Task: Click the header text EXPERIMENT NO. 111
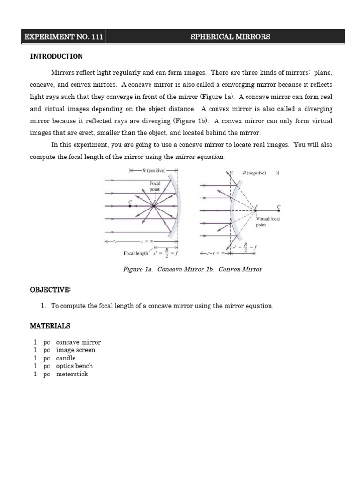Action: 63,37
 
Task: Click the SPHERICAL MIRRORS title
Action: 230,37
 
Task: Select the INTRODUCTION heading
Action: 56,56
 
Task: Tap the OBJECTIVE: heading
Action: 50,290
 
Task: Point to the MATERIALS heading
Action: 50,325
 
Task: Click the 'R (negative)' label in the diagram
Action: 255,172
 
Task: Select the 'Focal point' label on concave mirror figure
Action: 155,187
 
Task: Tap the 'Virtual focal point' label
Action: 268,222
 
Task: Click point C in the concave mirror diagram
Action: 130,205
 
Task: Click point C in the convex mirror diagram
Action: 279,210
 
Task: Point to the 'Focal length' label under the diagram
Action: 136,253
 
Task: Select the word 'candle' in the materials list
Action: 66,358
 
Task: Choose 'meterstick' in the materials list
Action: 72,374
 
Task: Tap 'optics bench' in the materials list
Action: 74,366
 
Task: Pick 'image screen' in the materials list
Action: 75,350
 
